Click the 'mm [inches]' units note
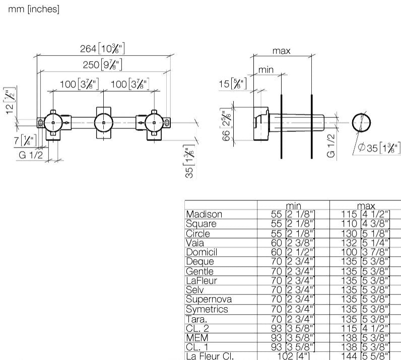coord(34,10)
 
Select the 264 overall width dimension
coord(102,49)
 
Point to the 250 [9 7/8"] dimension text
coord(103,64)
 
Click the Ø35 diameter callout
coord(376,149)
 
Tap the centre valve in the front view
coord(103,122)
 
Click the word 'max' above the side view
coord(282,51)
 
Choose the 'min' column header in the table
coord(293,205)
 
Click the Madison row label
coord(204,214)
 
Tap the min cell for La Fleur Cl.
coord(293,355)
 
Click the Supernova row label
coord(209,300)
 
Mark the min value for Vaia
coord(293,243)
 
